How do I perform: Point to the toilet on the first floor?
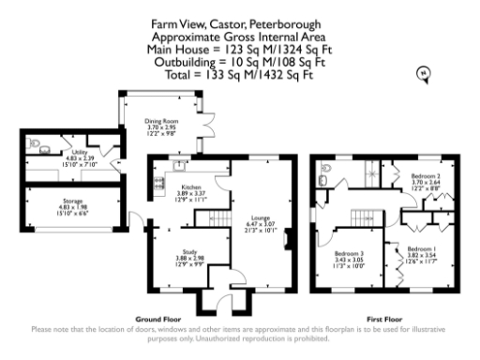[323, 179]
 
